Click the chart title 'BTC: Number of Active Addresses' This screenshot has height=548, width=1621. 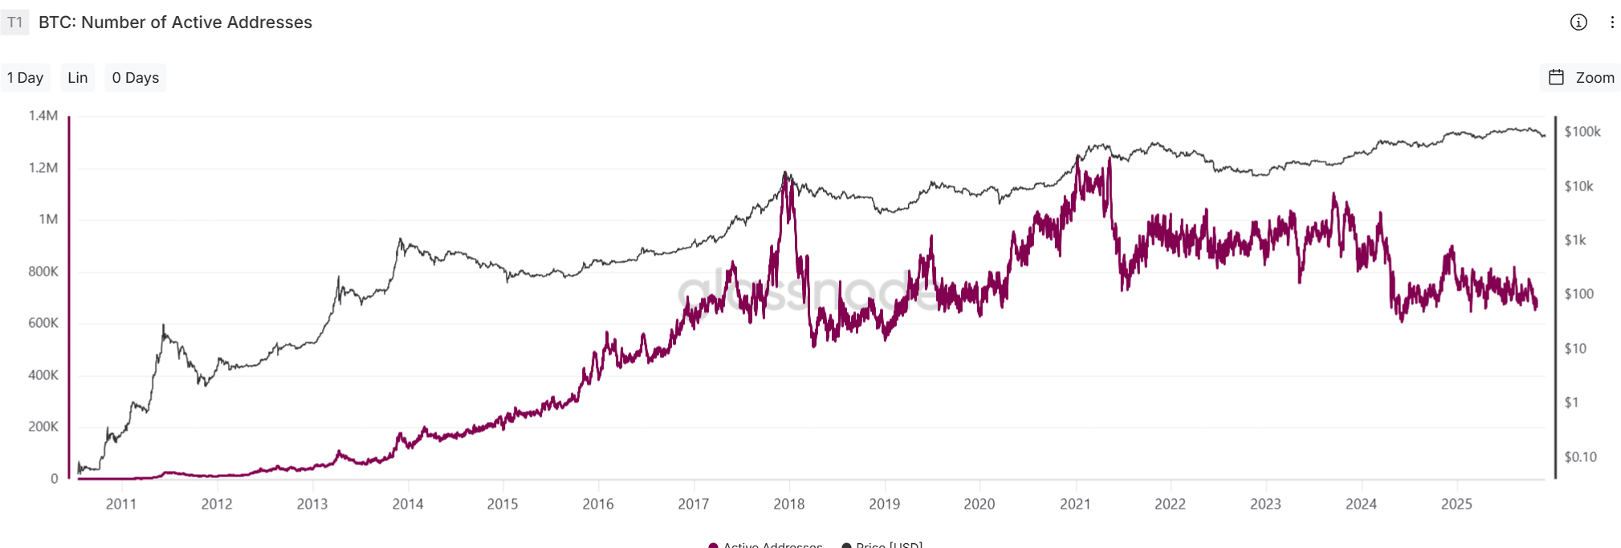tap(175, 22)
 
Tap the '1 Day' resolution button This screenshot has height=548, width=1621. tap(25, 78)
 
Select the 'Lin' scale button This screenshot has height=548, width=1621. tap(78, 78)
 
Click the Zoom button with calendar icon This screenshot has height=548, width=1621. tap(1581, 78)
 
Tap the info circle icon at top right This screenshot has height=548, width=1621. tap(1578, 22)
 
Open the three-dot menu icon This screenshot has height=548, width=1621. tap(1612, 22)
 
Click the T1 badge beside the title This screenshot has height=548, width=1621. tap(15, 22)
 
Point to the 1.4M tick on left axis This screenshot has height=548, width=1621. tap(43, 116)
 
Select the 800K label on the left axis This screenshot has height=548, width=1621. tap(43, 272)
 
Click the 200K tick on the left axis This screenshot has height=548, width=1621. tap(43, 427)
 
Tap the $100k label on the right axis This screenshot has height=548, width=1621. tap(1582, 132)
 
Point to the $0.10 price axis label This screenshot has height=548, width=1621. tap(1580, 457)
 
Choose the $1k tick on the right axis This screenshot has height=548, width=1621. tap(1575, 240)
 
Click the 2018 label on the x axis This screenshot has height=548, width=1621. tap(789, 504)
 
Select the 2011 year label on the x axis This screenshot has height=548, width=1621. tap(121, 504)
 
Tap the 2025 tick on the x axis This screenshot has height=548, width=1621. tap(1456, 504)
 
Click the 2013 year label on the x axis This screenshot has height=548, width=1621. tap(312, 504)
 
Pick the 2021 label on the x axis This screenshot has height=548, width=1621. tap(1075, 504)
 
